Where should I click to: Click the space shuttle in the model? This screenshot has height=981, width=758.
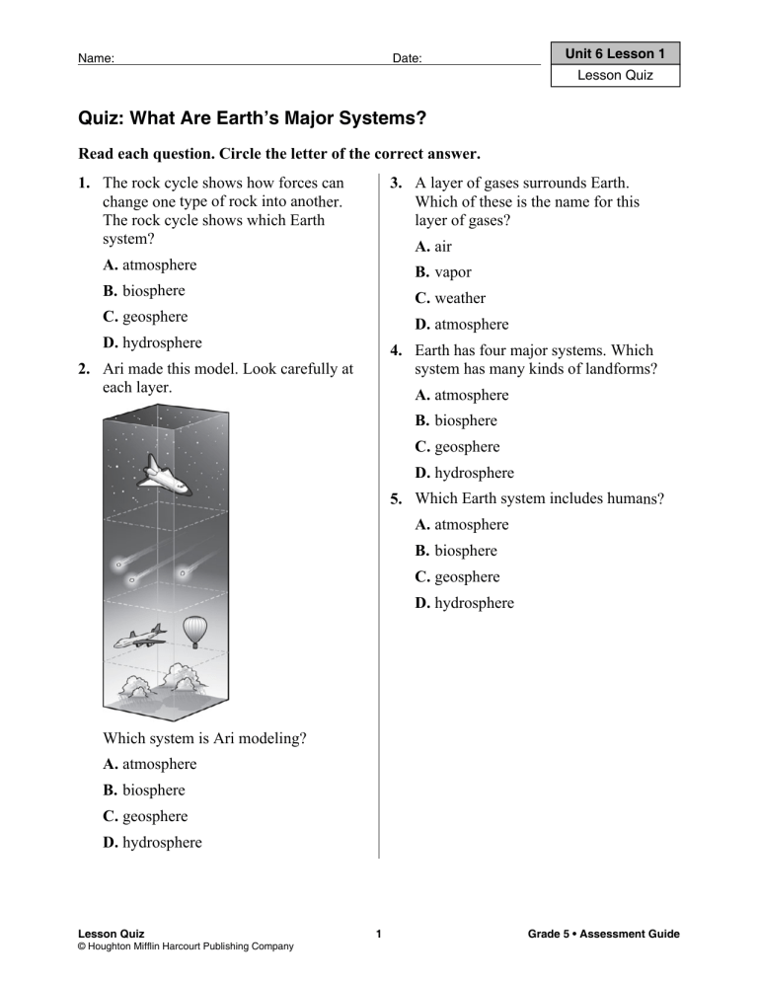(162, 475)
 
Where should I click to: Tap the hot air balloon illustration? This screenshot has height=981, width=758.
(196, 630)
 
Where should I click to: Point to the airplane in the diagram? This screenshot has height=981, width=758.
(139, 638)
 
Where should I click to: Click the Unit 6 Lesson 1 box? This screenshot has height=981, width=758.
(616, 54)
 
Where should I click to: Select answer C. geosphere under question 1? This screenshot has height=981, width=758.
(145, 317)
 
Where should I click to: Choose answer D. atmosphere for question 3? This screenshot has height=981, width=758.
(461, 324)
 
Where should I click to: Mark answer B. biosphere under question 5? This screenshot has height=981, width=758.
(455, 551)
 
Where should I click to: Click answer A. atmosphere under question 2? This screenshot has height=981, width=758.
(149, 764)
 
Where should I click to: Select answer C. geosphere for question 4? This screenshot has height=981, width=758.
(457, 447)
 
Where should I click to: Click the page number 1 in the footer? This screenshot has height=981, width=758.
(379, 934)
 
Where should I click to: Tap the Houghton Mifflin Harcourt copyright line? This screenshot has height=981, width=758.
(186, 947)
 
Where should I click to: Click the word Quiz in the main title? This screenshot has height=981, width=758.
(101, 120)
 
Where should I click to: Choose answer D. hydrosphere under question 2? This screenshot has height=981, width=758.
(152, 842)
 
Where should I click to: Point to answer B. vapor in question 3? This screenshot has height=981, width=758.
(442, 272)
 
